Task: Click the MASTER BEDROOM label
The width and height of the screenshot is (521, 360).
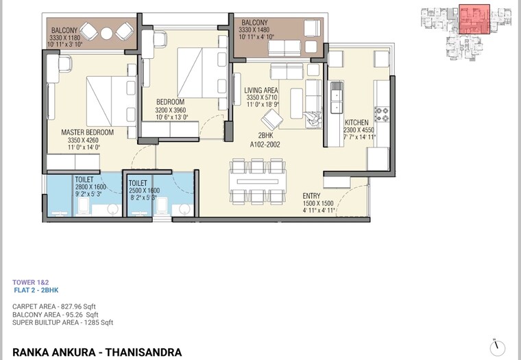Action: [87, 132]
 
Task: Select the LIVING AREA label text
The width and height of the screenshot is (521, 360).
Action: [261, 90]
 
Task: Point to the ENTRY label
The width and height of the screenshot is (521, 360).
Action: [312, 195]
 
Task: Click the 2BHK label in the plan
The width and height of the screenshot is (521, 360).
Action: [266, 135]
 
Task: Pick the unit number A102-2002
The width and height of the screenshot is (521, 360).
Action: [266, 143]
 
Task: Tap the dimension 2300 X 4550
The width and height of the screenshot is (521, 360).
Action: [359, 129]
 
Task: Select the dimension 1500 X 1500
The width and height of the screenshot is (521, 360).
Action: [318, 204]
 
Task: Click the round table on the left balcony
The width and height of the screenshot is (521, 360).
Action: [107, 32]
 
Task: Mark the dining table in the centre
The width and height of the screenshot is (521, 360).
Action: [256, 180]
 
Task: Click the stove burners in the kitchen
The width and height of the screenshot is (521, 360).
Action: [380, 111]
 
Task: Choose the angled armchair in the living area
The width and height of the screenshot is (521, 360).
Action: [271, 121]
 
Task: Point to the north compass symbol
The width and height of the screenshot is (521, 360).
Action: [498, 346]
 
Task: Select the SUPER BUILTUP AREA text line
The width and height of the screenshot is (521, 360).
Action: [62, 322]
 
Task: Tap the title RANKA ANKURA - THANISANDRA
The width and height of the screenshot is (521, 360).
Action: [97, 352]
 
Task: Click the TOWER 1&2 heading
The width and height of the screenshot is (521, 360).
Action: [30, 282]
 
